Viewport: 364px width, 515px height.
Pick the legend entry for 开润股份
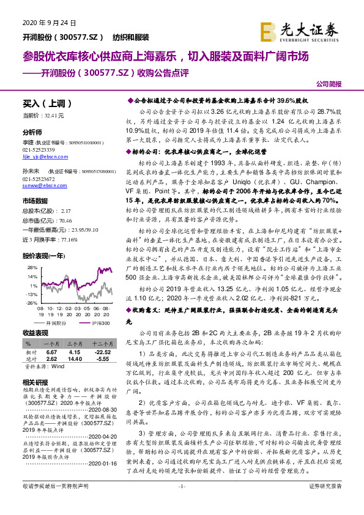[58, 322]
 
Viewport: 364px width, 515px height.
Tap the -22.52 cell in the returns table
[103, 353]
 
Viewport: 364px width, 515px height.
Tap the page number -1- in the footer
[181, 502]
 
